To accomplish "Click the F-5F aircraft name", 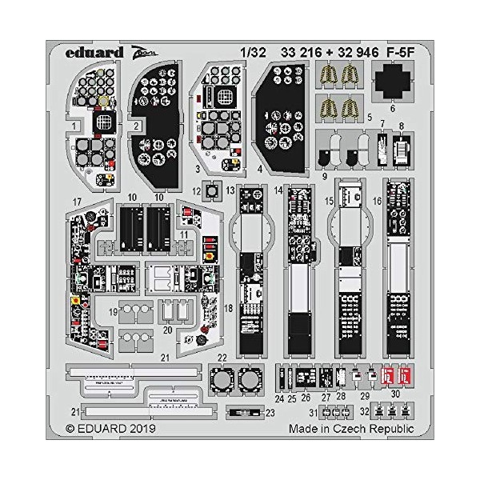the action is coord(398,54).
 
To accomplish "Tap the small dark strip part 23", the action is coord(238,413).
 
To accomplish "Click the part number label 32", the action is coord(366,413).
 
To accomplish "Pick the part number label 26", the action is coord(306,398).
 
